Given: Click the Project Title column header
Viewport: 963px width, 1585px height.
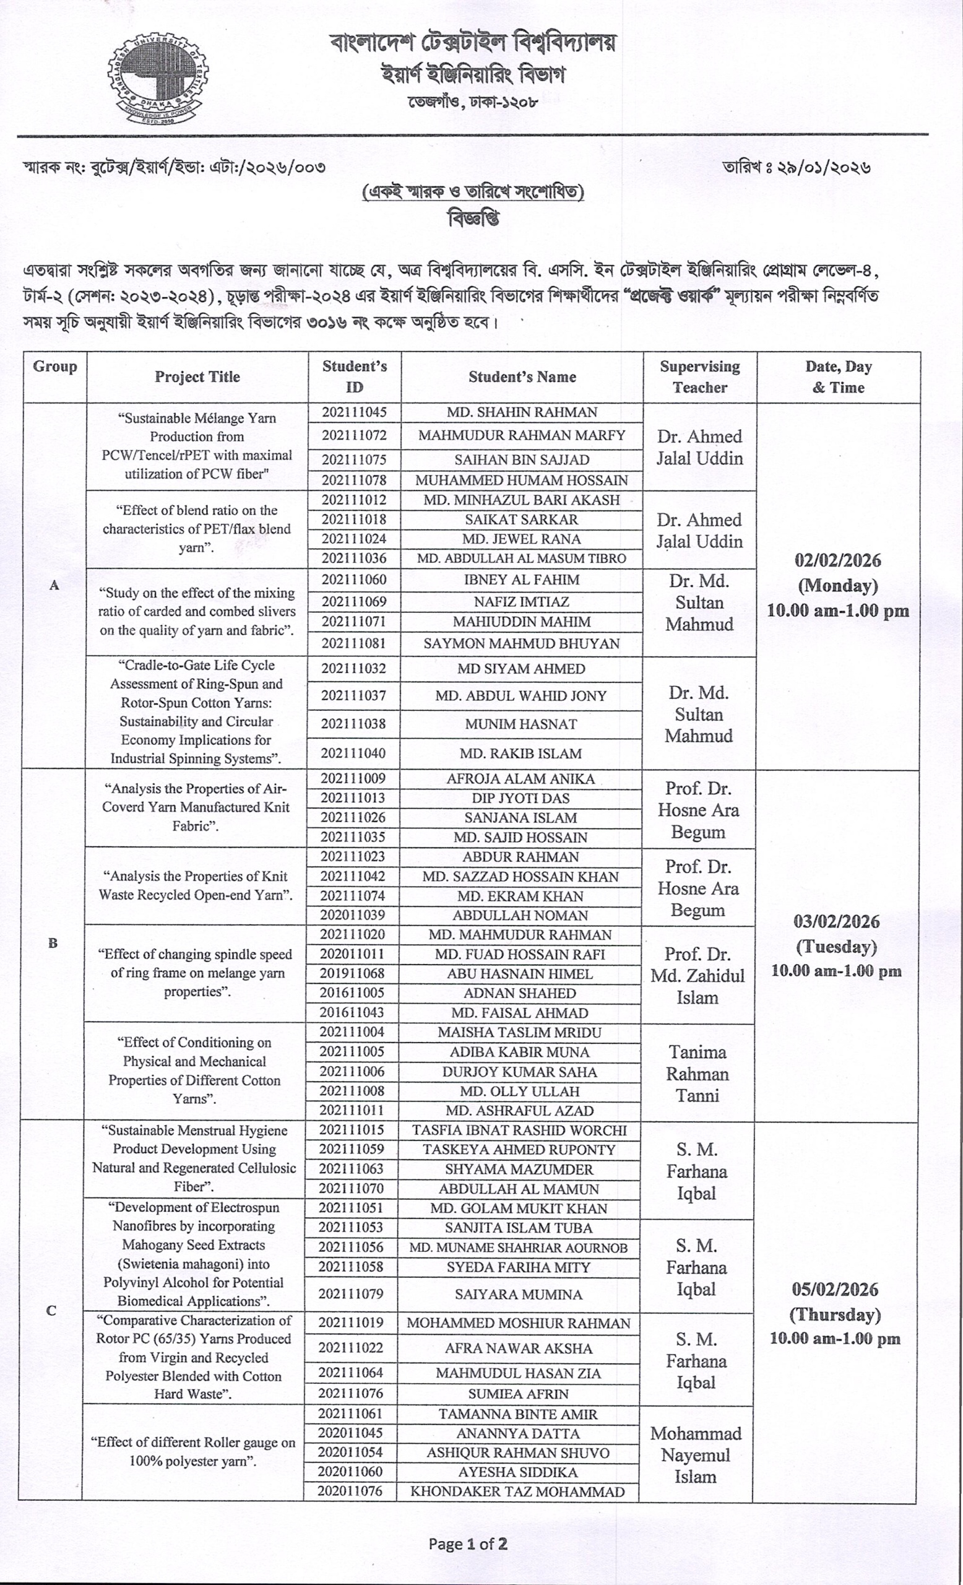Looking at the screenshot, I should coord(197,377).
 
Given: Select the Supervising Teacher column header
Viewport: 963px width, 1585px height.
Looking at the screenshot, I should coord(699,377).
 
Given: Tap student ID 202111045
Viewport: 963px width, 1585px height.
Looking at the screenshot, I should coord(354,412).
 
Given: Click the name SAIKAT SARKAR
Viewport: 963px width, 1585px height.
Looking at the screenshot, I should coord(521,519).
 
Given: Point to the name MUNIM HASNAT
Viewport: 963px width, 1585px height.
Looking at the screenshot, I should coord(520,724).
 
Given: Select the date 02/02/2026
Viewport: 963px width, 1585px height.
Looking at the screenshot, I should coord(837,560).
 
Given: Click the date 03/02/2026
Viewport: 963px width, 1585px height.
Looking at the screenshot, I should coord(836,922).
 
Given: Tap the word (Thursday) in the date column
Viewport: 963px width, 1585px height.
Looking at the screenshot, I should coord(834,1314).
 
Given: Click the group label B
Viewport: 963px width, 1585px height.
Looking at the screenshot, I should coord(53,944).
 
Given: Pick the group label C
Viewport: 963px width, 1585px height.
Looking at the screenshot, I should coord(51,1310).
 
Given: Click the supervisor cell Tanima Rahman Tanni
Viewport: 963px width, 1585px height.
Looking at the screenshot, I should coord(697,1074).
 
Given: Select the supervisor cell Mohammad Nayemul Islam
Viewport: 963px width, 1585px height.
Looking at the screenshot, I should coord(696,1455).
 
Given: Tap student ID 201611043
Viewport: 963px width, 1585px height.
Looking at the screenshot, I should coord(352,1012).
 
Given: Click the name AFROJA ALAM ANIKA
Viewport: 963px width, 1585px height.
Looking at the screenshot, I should coord(520,779).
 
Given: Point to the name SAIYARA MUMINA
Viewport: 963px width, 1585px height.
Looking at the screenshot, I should coord(519,1294).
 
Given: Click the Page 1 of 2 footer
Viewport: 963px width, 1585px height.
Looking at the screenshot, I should coord(468,1543).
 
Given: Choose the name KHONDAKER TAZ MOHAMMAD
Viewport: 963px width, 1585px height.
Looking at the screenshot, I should coord(517,1491).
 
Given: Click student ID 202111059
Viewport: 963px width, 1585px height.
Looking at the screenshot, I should coord(352,1150).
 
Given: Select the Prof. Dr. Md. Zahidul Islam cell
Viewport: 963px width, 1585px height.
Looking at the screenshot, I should coord(697,976).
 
